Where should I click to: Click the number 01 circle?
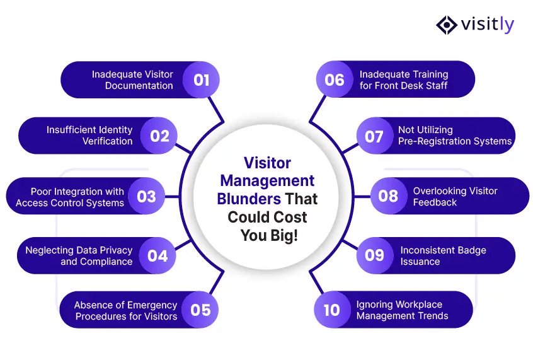(201, 80)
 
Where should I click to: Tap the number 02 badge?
(159, 136)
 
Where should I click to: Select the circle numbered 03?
(147, 196)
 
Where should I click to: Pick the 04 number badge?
(158, 255)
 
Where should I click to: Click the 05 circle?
(200, 310)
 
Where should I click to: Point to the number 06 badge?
(335, 79)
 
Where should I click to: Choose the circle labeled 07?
(375, 136)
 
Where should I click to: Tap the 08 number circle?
(389, 196)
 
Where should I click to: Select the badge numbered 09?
(375, 255)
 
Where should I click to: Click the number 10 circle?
(332, 310)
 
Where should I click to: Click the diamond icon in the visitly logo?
(447, 25)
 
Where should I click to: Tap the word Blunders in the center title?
(249, 199)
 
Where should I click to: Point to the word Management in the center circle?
(267, 181)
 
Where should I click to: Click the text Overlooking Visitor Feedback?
(455, 197)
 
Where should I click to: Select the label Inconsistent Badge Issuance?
(444, 256)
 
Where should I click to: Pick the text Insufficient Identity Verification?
(89, 136)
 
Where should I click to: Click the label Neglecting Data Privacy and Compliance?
(79, 256)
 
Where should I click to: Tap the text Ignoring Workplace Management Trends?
(402, 310)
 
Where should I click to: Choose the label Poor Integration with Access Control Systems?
(70, 197)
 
